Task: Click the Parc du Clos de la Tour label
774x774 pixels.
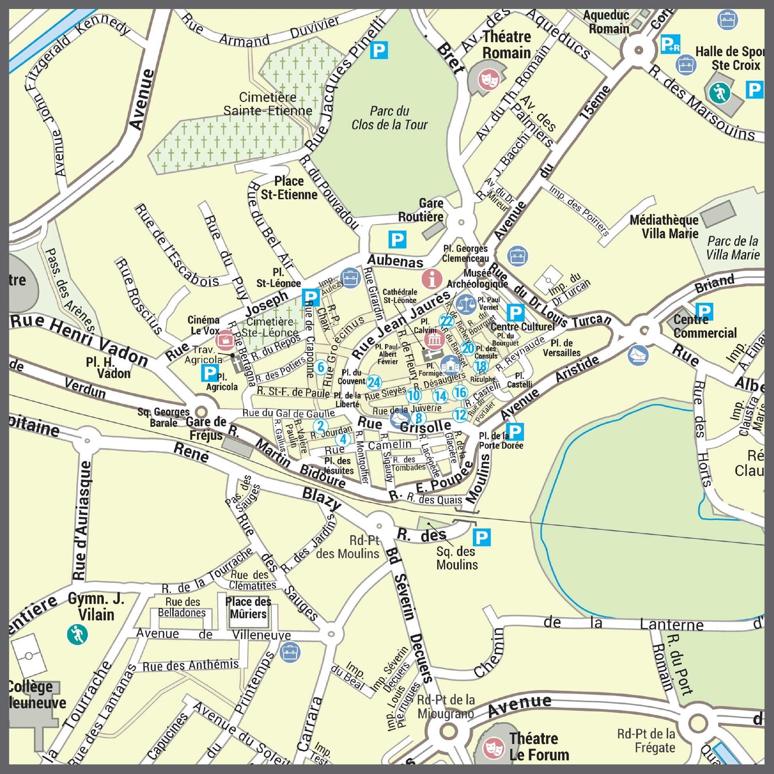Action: pos(390,118)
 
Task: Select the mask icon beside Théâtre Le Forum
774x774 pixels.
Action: pos(493,747)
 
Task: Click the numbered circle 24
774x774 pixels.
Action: pos(374,382)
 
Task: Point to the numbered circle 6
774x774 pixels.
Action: pos(320,367)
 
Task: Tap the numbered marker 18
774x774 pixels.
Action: pos(480,366)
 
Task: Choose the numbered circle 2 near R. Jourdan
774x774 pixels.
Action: pos(320,426)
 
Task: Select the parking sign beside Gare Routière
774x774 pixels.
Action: pos(397,239)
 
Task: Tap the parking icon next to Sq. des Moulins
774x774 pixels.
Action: pos(481,538)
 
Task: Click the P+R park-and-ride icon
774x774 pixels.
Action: pos(670,44)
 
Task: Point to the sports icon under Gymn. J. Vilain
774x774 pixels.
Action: pos(77,634)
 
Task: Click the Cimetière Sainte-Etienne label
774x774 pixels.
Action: pos(267,104)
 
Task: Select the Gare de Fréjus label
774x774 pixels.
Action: pos(206,428)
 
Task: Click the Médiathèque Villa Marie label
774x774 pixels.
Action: pos(664,227)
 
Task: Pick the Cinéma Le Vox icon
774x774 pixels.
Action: pos(225,340)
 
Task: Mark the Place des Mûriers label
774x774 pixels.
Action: pos(248,608)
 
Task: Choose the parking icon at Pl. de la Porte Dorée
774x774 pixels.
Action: pos(514,431)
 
